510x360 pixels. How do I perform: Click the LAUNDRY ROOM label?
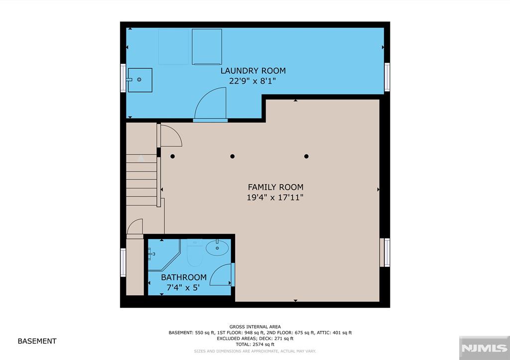coord(253,71)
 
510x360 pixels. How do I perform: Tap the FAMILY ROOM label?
coord(275,187)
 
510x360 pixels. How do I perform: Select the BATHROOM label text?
coord(184,277)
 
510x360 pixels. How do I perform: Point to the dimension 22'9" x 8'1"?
coord(253,81)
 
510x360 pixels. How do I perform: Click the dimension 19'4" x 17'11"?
coord(275,197)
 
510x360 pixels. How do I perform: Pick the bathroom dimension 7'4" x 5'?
coord(183,287)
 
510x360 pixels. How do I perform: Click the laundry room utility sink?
coord(139,80)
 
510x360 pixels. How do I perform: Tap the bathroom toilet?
coord(195,252)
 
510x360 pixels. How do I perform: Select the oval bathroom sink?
coord(217,248)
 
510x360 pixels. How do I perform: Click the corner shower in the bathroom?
coord(163,254)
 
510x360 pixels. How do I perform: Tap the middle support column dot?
coord(232,156)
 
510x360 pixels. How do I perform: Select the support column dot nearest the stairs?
coord(173,156)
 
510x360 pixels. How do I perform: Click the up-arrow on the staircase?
coord(141,158)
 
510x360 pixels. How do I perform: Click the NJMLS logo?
coord(484,348)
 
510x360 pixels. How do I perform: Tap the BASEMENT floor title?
coord(37,341)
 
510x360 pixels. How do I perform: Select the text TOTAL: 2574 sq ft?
coord(255,345)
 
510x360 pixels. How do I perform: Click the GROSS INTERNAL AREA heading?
coord(255,327)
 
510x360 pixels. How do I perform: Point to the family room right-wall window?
coord(385,252)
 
